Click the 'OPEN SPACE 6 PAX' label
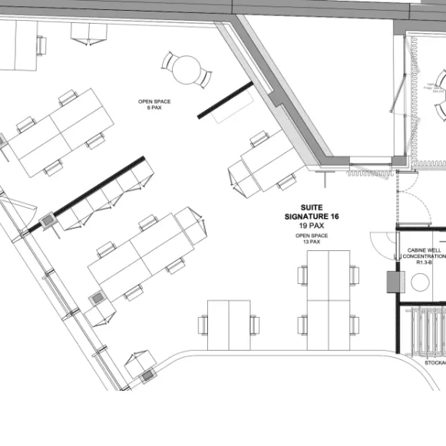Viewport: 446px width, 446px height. pyautogui.click(x=154, y=104)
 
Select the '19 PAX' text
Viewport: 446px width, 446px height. pyautogui.click(x=311, y=226)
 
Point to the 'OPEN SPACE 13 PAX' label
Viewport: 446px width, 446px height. pyautogui.click(x=312, y=239)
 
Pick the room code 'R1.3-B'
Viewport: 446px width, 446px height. pyautogui.click(x=425, y=263)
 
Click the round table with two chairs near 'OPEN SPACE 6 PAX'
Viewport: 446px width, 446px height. pyautogui.click(x=187, y=71)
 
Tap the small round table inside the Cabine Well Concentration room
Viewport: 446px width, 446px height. pyautogui.click(x=421, y=282)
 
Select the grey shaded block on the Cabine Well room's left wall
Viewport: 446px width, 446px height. pyautogui.click(x=393, y=282)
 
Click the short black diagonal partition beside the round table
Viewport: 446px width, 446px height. pyautogui.click(x=226, y=100)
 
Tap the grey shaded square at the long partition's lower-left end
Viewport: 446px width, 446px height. pyautogui.click(x=48, y=221)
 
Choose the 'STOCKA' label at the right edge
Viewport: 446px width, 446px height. pyautogui.click(x=434, y=361)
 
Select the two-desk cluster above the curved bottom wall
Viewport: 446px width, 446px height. pyautogui.click(x=229, y=325)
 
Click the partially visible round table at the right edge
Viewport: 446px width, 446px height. pyautogui.click(x=441, y=94)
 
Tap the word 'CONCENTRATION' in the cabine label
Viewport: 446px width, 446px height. pyautogui.click(x=425, y=256)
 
